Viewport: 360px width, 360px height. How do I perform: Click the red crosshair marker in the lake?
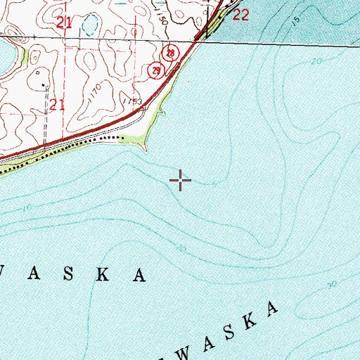181,181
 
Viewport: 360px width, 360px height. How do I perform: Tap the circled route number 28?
170,53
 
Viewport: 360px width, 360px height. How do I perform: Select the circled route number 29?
155,70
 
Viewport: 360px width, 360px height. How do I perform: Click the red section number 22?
240,15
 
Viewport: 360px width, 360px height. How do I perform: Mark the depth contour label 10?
27,208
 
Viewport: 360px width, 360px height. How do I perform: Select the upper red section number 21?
64,24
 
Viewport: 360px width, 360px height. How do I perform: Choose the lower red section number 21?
58,105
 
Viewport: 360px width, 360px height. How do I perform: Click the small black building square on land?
44,85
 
